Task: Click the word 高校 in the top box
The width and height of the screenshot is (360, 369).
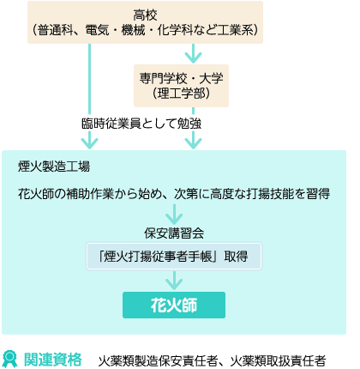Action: [145, 15]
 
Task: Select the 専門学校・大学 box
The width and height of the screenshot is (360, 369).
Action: [181, 86]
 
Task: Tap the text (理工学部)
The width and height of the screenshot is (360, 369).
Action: [181, 94]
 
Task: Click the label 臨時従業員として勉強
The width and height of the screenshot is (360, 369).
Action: [141, 124]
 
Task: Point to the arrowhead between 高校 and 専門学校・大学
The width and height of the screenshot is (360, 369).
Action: [193, 57]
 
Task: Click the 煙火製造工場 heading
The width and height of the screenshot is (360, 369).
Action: [54, 166]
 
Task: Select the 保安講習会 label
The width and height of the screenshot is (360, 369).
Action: [174, 233]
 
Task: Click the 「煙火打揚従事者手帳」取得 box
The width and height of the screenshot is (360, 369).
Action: [174, 257]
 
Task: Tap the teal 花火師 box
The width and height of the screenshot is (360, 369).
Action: [174, 305]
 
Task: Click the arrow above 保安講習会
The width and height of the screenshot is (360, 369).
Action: [174, 215]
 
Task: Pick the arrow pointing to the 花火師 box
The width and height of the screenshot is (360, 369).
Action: [174, 281]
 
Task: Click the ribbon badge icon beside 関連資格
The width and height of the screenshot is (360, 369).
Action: [9, 359]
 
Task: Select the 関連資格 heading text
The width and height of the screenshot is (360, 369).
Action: [53, 360]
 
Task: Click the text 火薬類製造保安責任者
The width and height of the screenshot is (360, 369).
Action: [158, 360]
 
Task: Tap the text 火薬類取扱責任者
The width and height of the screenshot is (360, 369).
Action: [278, 360]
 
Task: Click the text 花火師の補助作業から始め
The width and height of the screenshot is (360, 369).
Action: [90, 194]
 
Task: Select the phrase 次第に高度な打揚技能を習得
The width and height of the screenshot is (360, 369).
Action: [252, 194]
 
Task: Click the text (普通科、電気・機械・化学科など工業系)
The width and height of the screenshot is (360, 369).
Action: [145, 30]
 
